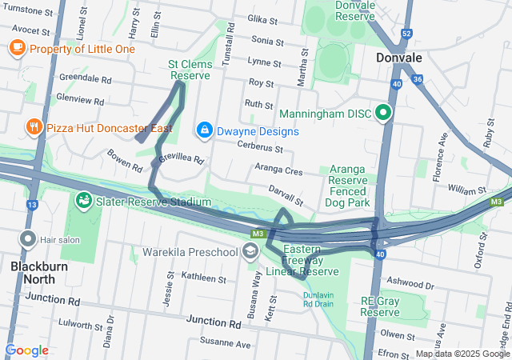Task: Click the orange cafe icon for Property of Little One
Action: [x=17, y=49]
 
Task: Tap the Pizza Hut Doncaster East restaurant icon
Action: [x=33, y=127]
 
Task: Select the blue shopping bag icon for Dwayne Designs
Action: [x=205, y=130]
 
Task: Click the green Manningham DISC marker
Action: [x=383, y=114]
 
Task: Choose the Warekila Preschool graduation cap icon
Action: [x=250, y=253]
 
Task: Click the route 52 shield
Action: [x=406, y=34]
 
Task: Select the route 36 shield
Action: [x=417, y=79]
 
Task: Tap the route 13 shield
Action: [x=32, y=206]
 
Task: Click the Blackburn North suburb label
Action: [x=33, y=273]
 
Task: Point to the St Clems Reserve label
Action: [x=190, y=70]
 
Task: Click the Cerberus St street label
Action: [x=260, y=147]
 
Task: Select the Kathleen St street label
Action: [x=204, y=278]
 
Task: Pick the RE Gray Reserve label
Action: [x=379, y=306]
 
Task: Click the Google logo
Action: [x=26, y=350]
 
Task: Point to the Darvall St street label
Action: [x=286, y=194]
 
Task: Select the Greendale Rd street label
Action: [x=85, y=79]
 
